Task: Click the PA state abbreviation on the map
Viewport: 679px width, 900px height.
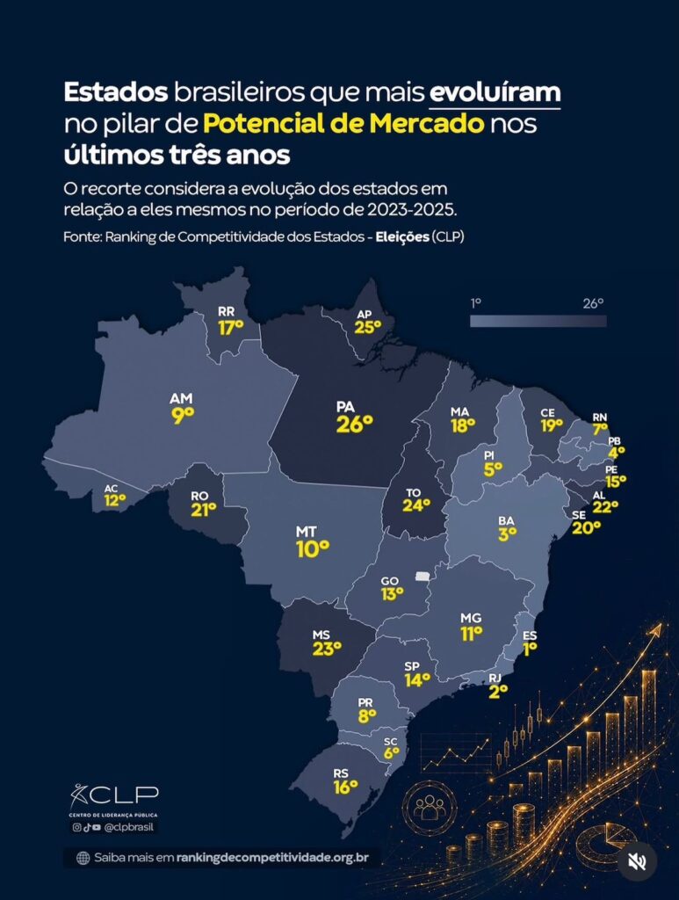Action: pyautogui.click(x=345, y=407)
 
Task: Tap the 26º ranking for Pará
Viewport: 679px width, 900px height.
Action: pyautogui.click(x=354, y=425)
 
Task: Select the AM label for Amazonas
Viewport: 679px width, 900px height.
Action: pyautogui.click(x=181, y=398)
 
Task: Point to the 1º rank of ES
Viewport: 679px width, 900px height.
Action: pyautogui.click(x=530, y=649)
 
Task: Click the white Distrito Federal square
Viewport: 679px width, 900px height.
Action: pyautogui.click(x=423, y=577)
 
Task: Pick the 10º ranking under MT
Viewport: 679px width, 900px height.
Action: pyautogui.click(x=313, y=549)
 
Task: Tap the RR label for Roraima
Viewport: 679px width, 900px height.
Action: pyautogui.click(x=227, y=312)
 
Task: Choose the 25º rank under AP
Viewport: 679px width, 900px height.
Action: pyautogui.click(x=367, y=327)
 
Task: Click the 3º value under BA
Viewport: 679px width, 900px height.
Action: pyautogui.click(x=508, y=533)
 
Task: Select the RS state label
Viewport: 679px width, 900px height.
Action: pyautogui.click(x=341, y=773)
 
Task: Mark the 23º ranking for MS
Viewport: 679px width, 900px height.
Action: pyautogui.click(x=327, y=649)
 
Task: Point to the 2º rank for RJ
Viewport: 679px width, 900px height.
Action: pyautogui.click(x=498, y=692)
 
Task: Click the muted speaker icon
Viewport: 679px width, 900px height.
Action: pyautogui.click(x=637, y=861)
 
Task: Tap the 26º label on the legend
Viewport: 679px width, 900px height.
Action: pyautogui.click(x=594, y=303)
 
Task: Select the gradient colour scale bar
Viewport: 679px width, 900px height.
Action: pyautogui.click(x=538, y=321)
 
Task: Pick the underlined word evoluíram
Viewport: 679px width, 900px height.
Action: pyautogui.click(x=495, y=92)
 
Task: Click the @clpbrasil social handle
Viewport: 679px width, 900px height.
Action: pyautogui.click(x=128, y=827)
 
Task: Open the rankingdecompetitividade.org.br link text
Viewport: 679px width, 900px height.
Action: pyautogui.click(x=272, y=858)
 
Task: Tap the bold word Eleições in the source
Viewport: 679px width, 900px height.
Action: pyautogui.click(x=402, y=237)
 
